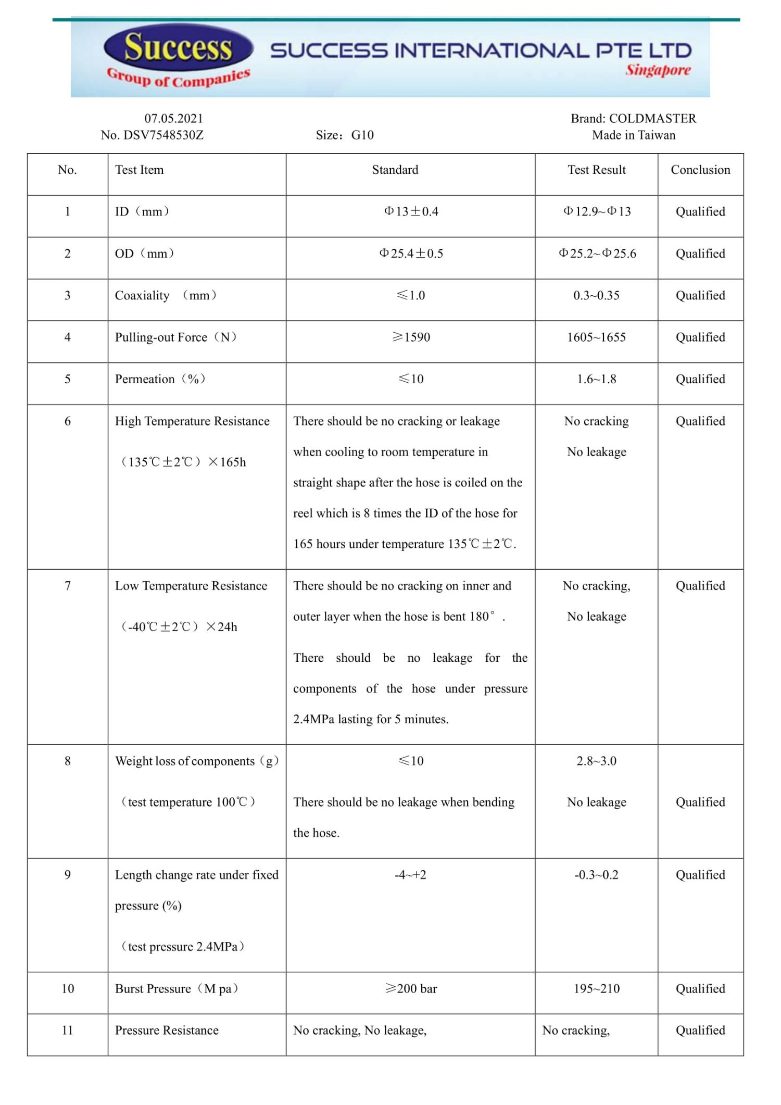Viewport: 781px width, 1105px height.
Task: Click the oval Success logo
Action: point(178,47)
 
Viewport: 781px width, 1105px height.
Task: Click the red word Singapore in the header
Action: point(658,70)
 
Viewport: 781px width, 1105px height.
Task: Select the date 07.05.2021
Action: point(173,119)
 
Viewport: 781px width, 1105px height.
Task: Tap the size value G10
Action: point(362,135)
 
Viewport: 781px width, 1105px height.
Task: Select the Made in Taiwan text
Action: point(633,135)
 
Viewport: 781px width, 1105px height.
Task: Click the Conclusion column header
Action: point(700,170)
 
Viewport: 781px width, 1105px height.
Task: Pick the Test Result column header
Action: point(596,170)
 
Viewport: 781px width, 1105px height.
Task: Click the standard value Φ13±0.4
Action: point(411,211)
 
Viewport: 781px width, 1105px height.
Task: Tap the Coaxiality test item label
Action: point(142,296)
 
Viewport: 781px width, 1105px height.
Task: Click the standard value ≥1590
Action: point(411,337)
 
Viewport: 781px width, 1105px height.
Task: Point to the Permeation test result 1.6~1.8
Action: point(596,379)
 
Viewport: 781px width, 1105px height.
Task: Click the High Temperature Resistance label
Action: point(192,421)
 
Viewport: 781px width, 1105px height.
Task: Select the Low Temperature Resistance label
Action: point(191,586)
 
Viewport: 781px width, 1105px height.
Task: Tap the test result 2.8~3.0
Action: point(596,761)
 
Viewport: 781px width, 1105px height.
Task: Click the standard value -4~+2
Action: point(410,875)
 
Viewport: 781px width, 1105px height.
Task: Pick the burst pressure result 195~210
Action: point(596,988)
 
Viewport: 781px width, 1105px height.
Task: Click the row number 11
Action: point(68,1030)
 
